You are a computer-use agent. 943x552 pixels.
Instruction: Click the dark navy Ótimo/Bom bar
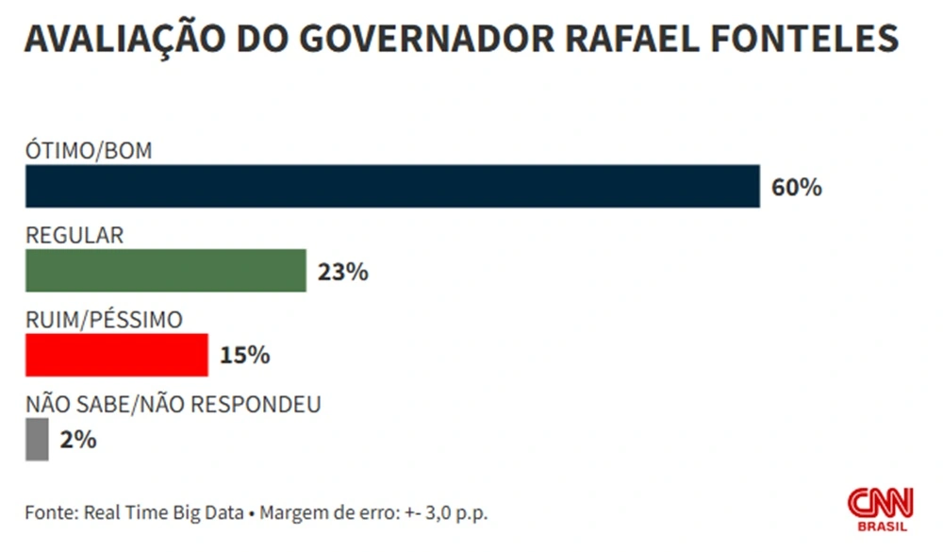392,186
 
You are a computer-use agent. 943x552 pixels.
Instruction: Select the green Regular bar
166,271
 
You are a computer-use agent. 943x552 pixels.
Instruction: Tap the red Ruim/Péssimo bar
116,355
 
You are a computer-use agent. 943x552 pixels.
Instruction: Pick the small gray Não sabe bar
37,439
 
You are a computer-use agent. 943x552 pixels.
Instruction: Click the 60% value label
797,188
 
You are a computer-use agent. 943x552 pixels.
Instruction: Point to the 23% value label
342,273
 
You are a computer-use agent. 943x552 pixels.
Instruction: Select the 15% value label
245,356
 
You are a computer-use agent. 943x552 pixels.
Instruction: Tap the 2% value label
77,440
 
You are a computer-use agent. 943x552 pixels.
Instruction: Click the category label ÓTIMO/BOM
89,151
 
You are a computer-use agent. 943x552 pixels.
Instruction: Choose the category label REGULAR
74,235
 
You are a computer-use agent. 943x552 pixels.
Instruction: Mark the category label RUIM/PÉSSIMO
104,319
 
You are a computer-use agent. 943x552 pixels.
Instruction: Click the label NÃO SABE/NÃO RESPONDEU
174,404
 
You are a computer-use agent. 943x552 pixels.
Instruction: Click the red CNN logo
880,502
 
